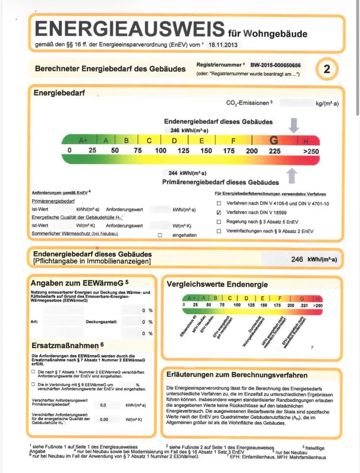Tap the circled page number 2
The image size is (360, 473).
tap(327, 69)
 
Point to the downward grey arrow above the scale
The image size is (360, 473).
tap(294, 126)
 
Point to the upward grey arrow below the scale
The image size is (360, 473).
tap(292, 175)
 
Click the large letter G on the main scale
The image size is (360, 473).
tap(274, 140)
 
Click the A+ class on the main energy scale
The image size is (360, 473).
tap(83, 140)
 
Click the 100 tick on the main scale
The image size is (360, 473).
tap(161, 151)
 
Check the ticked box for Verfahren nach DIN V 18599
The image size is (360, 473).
tap(219, 212)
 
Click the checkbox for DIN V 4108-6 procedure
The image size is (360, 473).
tap(219, 203)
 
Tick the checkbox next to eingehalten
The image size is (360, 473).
tap(160, 235)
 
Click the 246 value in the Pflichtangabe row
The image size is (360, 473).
tap(297, 260)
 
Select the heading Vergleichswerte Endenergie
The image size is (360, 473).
tap(217, 284)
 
